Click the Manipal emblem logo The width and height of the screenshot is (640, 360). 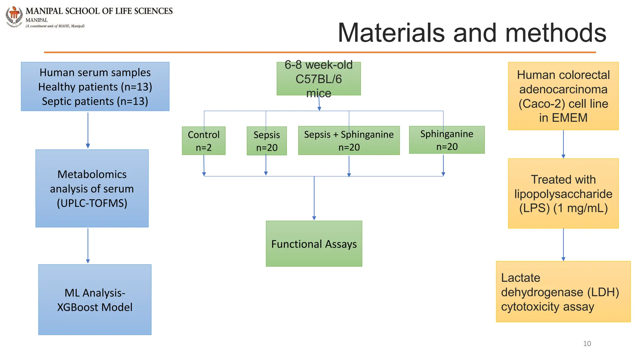point(14,16)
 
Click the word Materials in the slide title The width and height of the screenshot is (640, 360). point(391,33)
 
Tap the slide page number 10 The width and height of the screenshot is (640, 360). point(587,343)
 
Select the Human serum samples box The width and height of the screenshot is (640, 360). point(95,87)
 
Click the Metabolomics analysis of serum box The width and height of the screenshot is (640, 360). point(92,188)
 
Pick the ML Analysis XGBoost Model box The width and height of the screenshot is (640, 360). point(95,300)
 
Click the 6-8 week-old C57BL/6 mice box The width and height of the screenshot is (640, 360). point(318,79)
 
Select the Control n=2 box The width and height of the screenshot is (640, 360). point(203,141)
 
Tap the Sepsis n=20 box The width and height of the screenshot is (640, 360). point(267,141)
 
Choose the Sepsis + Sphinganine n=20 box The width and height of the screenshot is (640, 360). point(349,141)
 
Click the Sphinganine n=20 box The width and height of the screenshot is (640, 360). point(447,140)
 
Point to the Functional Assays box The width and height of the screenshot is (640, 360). point(314,244)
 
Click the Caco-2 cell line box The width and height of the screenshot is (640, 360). point(563,96)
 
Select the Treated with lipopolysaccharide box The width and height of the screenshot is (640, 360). point(563,193)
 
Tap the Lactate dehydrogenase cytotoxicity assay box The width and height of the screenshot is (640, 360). point(563,292)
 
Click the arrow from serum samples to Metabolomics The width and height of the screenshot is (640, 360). point(88,130)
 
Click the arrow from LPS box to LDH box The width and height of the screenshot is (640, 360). point(563,244)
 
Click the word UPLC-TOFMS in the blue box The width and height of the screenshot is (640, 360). point(92,203)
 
